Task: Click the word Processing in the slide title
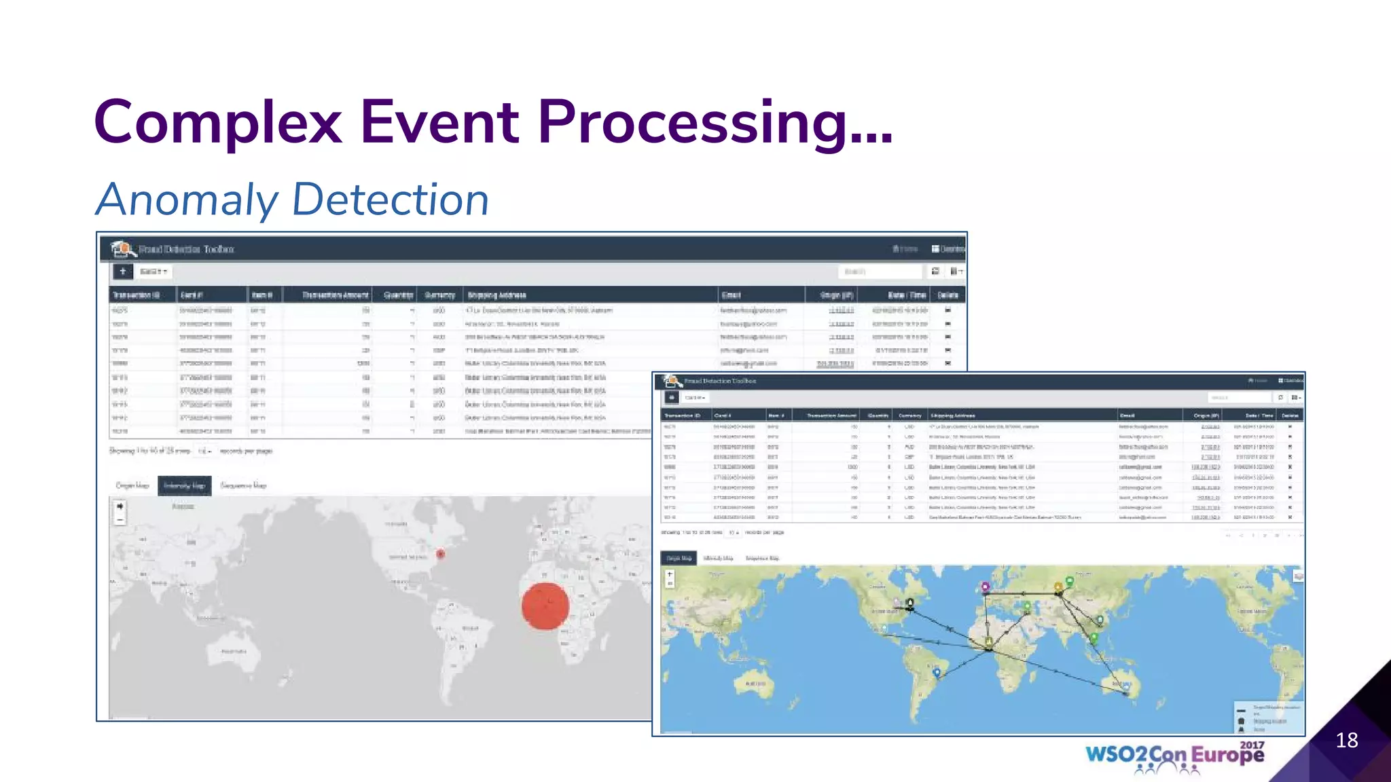(x=713, y=122)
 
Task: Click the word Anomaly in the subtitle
(x=187, y=200)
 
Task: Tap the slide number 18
(x=1346, y=740)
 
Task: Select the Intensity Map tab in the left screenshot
(x=184, y=485)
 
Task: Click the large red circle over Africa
(x=545, y=606)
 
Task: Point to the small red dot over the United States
(x=440, y=555)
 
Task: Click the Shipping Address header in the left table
(x=496, y=295)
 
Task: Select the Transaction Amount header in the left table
(x=335, y=295)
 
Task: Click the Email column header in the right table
(x=1127, y=415)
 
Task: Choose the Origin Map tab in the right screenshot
(x=678, y=558)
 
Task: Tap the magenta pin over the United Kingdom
(x=985, y=586)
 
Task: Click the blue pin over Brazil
(x=937, y=672)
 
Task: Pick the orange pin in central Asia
(x=1058, y=586)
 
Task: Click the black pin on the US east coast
(x=910, y=603)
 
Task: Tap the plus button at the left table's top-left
(x=122, y=272)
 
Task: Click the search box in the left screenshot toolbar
(x=880, y=272)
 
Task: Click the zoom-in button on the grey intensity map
(x=120, y=506)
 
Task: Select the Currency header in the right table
(x=909, y=415)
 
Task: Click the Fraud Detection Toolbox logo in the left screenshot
(x=122, y=249)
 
